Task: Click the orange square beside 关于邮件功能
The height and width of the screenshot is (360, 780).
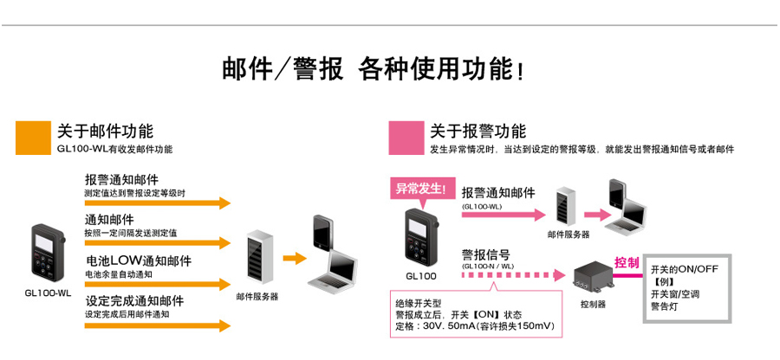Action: tap(30, 136)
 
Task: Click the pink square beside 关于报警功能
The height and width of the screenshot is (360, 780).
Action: tap(404, 136)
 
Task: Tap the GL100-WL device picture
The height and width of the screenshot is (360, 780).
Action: tap(46, 253)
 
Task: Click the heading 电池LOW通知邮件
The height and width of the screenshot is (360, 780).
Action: tap(139, 260)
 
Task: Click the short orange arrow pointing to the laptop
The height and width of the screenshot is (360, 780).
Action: tap(296, 258)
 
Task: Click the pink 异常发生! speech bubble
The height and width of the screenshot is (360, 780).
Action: tap(419, 189)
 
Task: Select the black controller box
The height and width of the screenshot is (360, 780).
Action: tap(592, 276)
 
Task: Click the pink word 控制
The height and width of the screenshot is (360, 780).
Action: tap(626, 261)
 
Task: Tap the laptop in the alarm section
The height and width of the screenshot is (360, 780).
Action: tap(626, 206)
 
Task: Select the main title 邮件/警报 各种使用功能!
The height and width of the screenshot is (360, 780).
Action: tap(373, 69)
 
